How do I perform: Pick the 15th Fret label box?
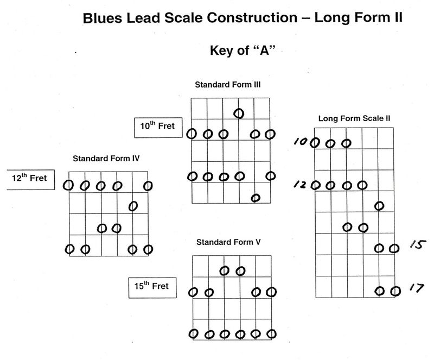(152, 286)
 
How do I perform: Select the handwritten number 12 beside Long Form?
(300, 185)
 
